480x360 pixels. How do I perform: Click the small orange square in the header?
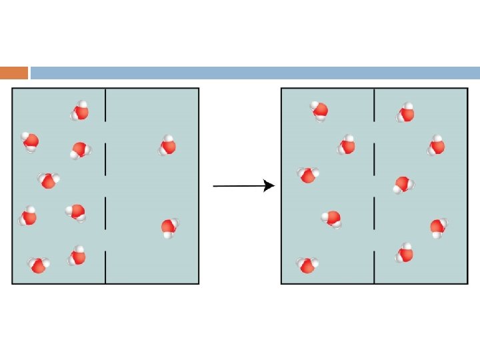click(14, 73)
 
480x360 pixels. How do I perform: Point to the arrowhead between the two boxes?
click(269, 186)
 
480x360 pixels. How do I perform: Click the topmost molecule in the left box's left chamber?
click(80, 111)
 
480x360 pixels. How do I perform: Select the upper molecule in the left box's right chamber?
click(167, 145)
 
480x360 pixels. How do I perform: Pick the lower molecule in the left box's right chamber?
click(169, 228)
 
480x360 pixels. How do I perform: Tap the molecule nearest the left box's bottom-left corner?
click(38, 265)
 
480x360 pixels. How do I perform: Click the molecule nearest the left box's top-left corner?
click(30, 141)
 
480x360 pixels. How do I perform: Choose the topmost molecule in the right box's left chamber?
click(319, 110)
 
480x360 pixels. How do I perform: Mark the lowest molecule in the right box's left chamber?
click(307, 265)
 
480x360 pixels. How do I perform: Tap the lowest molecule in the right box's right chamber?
click(405, 253)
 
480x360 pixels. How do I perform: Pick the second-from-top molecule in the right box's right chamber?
click(437, 145)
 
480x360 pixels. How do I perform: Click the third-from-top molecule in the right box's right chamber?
click(403, 184)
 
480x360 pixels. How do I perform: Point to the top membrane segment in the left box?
click(105, 105)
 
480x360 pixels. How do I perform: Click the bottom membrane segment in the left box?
click(105, 267)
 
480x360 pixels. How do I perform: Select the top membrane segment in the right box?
click(374, 105)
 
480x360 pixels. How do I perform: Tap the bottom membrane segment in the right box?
click(374, 267)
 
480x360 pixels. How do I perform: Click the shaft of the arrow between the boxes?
click(237, 186)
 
